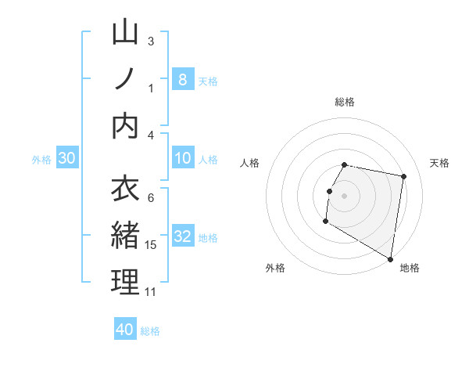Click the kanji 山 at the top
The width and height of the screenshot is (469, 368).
[125, 33]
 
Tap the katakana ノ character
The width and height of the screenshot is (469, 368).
[125, 78]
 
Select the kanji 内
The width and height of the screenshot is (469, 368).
[125, 126]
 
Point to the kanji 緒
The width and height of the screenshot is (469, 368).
[125, 236]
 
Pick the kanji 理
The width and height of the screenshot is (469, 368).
[125, 283]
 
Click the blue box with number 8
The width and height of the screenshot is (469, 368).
[182, 79]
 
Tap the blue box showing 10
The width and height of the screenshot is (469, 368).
[182, 158]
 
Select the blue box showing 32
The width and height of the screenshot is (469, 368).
[182, 236]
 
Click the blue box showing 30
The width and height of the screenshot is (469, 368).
[67, 158]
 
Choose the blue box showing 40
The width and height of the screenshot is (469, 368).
[125, 330]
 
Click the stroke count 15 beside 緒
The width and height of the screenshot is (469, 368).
[151, 245]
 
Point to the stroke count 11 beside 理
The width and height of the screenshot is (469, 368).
[151, 292]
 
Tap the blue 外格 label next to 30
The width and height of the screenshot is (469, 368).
[41, 160]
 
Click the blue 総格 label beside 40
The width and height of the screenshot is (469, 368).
[150, 331]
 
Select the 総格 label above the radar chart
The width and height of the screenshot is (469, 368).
[344, 102]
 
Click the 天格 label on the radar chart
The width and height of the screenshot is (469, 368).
[439, 163]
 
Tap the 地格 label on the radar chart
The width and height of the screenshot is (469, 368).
[410, 268]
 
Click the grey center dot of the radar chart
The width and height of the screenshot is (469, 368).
[344, 195]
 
